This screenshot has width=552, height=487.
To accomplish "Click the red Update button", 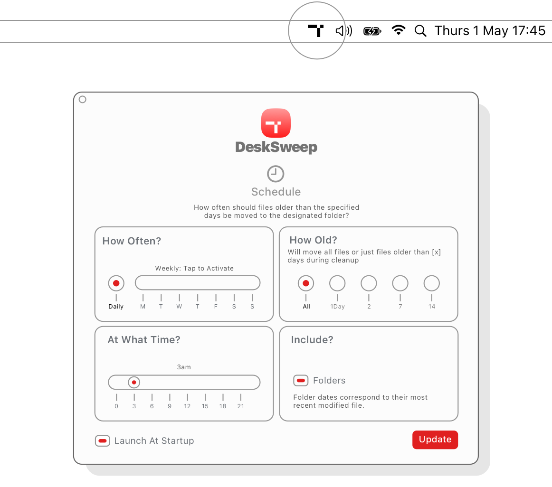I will (435, 440).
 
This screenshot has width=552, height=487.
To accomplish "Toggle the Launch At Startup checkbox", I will (103, 441).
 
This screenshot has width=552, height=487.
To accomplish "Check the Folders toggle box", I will (301, 380).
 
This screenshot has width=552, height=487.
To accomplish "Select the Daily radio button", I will (116, 283).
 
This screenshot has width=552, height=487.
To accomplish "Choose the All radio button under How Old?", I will (306, 283).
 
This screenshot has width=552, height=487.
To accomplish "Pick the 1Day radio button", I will (337, 283).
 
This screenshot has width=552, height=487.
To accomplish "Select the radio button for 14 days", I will (431, 283).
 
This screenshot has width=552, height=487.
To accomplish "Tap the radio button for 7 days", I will (400, 283).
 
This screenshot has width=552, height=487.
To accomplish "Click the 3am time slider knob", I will (134, 382).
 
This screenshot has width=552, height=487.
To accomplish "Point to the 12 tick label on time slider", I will (187, 406).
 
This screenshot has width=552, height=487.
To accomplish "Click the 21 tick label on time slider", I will (241, 406).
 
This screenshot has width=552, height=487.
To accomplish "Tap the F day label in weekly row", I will (216, 307).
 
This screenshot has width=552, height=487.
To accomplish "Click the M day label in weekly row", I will (143, 307).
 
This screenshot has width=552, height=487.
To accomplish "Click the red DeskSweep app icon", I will (276, 123).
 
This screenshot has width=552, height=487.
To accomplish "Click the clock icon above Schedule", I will (276, 174).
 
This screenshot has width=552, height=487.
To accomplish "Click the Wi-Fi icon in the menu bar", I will (399, 31).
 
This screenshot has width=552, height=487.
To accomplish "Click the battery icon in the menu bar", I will (372, 31).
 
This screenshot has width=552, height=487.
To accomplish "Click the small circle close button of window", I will (83, 100).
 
